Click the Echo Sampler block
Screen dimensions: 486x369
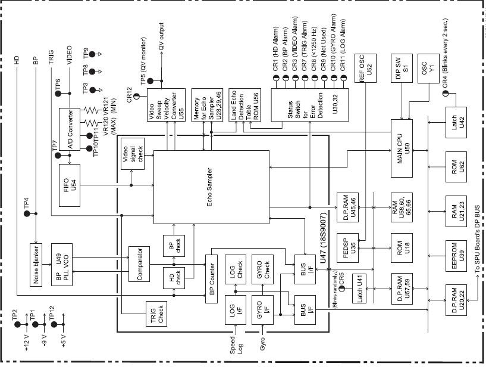tap(211, 187)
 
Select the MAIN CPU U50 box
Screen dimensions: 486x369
tap(402, 148)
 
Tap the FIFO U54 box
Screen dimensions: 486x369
tap(70, 185)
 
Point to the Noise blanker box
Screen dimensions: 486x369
tap(36, 265)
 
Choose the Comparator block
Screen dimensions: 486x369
tap(139, 264)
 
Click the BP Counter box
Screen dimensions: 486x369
tap(211, 279)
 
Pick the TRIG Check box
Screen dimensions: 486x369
tap(156, 314)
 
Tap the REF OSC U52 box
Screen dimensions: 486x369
tap(365, 68)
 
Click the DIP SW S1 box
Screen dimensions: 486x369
tap(402, 69)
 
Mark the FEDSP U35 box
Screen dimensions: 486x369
tap(347, 248)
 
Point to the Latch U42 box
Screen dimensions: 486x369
tap(456, 122)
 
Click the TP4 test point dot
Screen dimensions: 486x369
tap(27, 213)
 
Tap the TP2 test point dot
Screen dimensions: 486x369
tap(17, 324)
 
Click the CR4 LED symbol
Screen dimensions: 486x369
tap(446, 93)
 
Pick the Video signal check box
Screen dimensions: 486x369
tap(133, 154)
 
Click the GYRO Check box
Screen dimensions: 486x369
tap(262, 269)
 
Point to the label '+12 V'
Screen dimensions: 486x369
tap(26, 343)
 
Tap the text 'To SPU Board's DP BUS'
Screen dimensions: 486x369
tap(477, 239)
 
